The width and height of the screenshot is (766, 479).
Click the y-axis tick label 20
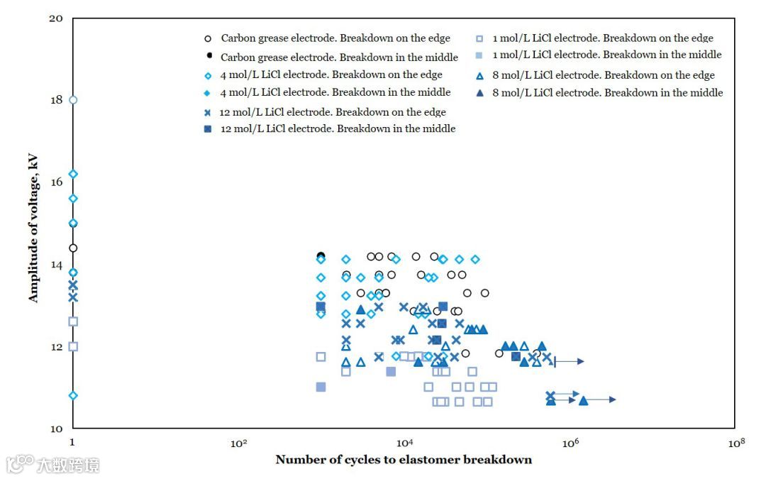pyautogui.click(x=56, y=18)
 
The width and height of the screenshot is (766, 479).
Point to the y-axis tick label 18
pyautogui.click(x=56, y=100)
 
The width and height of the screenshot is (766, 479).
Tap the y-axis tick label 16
pyautogui.click(x=56, y=182)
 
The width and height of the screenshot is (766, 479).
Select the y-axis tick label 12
pyautogui.click(x=56, y=347)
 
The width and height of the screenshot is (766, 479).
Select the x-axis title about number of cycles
pyautogui.click(x=404, y=460)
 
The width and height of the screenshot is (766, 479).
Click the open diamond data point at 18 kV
pyautogui.click(x=73, y=100)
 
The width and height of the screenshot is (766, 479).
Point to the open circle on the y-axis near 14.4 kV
pyautogui.click(x=73, y=248)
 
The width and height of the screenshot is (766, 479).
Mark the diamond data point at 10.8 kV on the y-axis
pyautogui.click(x=73, y=395)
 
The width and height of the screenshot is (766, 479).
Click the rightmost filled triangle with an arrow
pyautogui.click(x=583, y=400)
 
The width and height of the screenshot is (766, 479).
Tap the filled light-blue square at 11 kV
pyautogui.click(x=321, y=387)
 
